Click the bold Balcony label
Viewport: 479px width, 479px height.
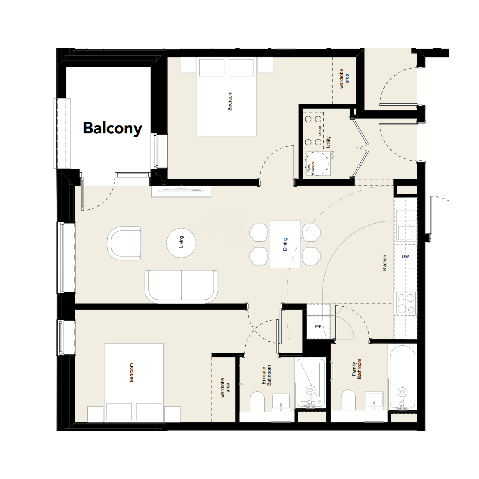pos(113,128)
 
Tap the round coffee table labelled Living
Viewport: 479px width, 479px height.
pos(181,243)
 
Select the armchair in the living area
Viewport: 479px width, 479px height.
pos(124,244)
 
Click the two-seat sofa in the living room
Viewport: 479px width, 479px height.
pos(181,286)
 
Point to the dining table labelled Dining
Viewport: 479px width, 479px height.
pos(285,244)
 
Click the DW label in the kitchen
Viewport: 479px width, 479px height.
pos(405,256)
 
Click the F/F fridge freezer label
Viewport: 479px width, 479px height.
pos(318,327)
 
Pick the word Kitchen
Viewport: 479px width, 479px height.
pos(385,263)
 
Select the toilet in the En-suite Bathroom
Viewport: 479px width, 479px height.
pos(257,402)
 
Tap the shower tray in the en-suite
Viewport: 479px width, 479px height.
pos(311,383)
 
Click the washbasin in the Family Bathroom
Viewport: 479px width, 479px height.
pos(374,401)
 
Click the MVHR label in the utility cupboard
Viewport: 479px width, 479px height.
pos(320,131)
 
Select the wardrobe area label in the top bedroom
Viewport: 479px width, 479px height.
pos(344,79)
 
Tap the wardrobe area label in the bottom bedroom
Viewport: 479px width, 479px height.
pos(225,388)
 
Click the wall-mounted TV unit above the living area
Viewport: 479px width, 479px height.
pos(181,191)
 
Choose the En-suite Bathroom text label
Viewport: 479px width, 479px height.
pos(266,376)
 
